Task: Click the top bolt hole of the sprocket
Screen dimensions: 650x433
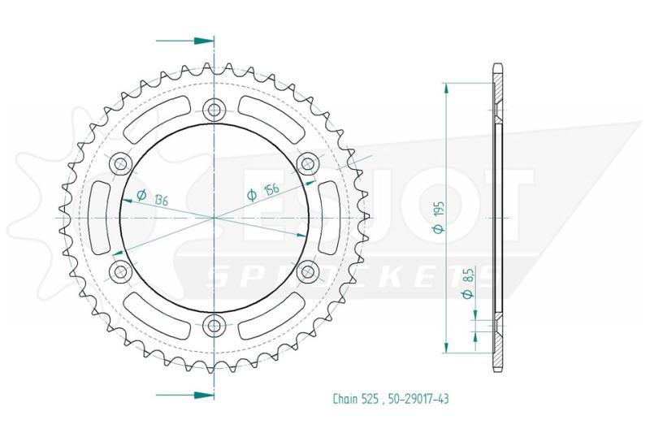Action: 214,110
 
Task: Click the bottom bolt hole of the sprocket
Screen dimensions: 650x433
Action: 214,326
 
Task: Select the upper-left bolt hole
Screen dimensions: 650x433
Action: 120,163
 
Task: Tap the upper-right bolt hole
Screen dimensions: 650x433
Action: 308,163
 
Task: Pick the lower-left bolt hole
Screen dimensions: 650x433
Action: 120,272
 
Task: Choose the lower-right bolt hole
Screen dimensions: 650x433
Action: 308,272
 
